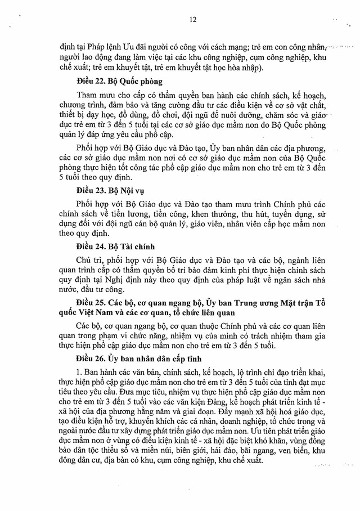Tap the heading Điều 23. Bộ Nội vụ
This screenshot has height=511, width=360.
(107, 190)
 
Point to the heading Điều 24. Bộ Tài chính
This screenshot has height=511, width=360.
(111, 247)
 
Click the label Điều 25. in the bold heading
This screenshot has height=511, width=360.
(91, 305)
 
